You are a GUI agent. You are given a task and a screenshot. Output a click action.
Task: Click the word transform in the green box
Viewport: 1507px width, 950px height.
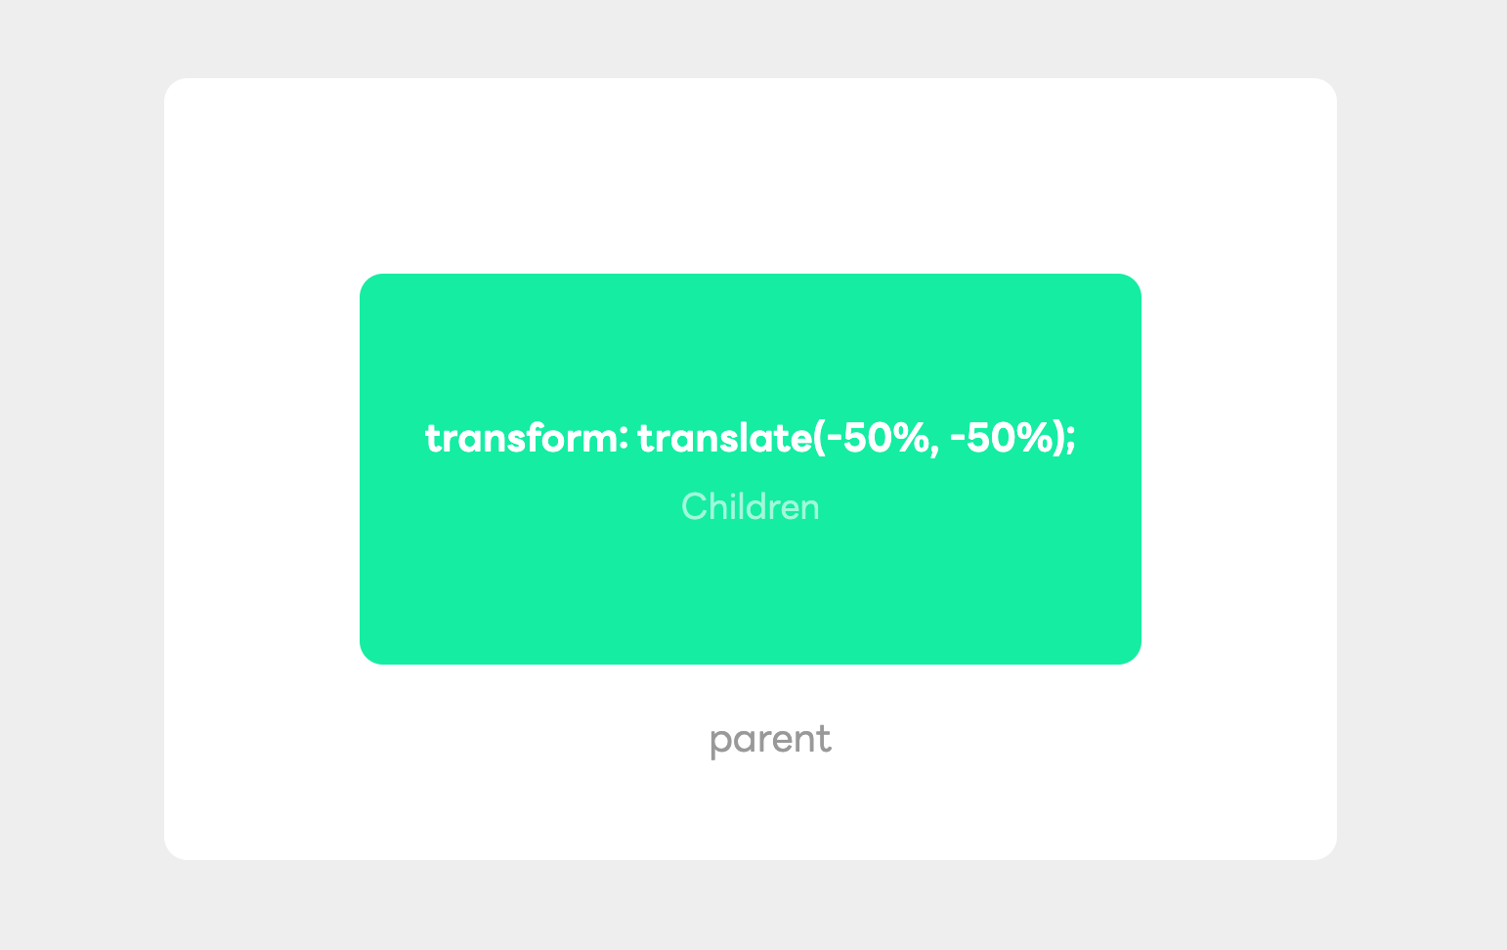tap(519, 439)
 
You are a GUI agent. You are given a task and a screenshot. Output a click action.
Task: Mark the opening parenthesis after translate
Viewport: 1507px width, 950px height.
tap(819, 439)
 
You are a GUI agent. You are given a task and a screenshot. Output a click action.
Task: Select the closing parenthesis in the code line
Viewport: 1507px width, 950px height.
tap(1057, 439)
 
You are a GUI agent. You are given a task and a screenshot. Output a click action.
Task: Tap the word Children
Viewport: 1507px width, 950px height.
tap(750, 507)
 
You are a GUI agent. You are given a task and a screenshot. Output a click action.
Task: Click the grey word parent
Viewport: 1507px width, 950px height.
tap(770, 740)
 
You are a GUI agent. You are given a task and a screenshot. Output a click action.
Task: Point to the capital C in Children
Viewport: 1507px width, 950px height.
tap(693, 507)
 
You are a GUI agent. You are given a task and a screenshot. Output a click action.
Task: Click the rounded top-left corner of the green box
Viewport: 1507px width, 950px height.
tap(367, 281)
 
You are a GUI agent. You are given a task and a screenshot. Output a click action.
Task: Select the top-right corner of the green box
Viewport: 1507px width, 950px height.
tap(1134, 281)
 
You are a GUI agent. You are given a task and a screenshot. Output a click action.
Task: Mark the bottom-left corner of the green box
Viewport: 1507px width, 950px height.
tap(367, 657)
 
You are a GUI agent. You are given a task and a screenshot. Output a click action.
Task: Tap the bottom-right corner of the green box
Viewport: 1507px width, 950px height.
tap(1134, 657)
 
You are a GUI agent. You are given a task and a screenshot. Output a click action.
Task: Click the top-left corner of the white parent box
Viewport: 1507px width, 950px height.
tap(172, 86)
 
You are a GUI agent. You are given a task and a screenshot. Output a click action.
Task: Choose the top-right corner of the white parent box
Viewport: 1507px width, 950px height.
tap(1329, 86)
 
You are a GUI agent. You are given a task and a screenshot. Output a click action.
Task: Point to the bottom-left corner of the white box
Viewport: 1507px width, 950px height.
tap(172, 852)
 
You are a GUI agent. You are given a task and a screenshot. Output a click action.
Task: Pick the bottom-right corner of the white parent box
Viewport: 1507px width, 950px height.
tap(1329, 852)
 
